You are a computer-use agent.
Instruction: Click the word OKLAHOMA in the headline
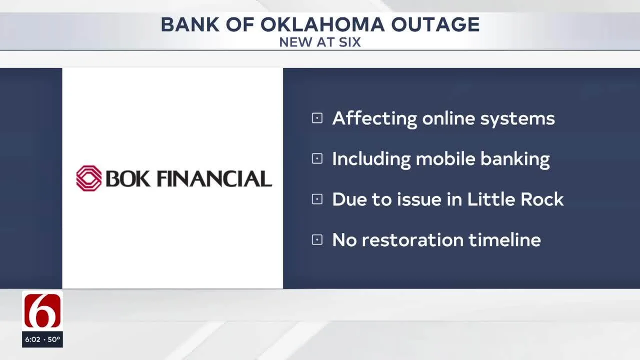coord(322,24)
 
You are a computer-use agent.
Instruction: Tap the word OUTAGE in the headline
coord(435,24)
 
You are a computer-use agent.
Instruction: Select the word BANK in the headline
coord(190,24)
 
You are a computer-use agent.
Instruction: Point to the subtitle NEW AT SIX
coord(320,42)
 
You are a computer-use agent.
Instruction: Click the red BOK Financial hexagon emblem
coord(89,178)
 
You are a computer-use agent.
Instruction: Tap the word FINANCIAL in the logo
coord(214,179)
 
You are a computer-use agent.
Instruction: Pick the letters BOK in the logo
coord(128,179)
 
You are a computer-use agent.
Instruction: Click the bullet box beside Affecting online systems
coord(317,118)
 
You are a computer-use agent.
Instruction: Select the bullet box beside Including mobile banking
coord(317,159)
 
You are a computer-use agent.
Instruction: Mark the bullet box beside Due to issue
coord(317,199)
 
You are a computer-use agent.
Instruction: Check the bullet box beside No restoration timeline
coord(317,240)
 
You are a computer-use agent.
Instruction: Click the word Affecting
coord(374,119)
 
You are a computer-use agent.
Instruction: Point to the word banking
coord(515,159)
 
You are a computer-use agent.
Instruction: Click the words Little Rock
coord(515,199)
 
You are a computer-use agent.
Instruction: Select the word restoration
coord(412,240)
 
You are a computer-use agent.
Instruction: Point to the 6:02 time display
coord(33,339)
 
